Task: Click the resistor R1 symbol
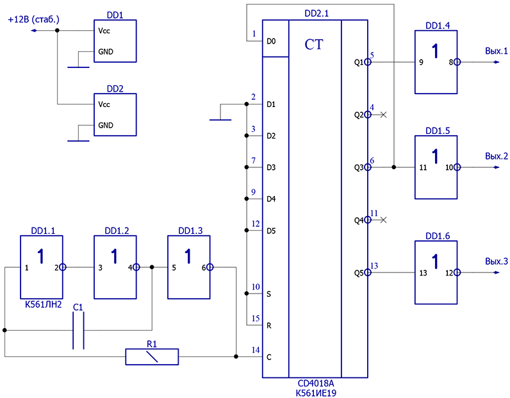pyautogui.click(x=152, y=357)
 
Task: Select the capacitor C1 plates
pyautogui.click(x=78, y=330)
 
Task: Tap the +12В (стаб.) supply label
pyautogui.click(x=33, y=19)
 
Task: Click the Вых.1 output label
pyautogui.click(x=497, y=51)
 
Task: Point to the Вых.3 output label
pyautogui.click(x=497, y=261)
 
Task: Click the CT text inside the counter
pyautogui.click(x=314, y=45)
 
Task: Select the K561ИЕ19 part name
pyautogui.click(x=316, y=393)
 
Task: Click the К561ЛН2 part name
pyautogui.click(x=44, y=304)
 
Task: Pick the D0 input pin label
pyautogui.click(x=271, y=41)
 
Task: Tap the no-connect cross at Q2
pyautogui.click(x=384, y=115)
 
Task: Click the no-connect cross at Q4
pyautogui.click(x=384, y=220)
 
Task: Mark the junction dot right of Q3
pyautogui.click(x=394, y=167)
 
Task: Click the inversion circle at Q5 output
pyautogui.click(x=368, y=272)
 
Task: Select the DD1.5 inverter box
pyautogui.click(x=436, y=167)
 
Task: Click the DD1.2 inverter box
pyautogui.click(x=115, y=267)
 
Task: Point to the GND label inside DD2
pyautogui.click(x=106, y=125)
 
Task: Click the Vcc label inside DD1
pyautogui.click(x=104, y=31)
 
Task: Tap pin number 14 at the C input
pyautogui.click(x=256, y=350)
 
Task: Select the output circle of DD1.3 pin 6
pyautogui.click(x=210, y=267)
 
